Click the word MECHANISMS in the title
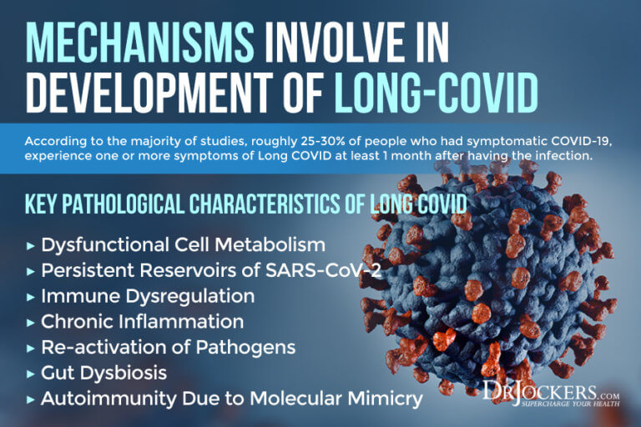click(x=140, y=43)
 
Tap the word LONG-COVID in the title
click(x=437, y=93)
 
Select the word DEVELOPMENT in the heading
click(x=149, y=93)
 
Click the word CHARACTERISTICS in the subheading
click(x=265, y=203)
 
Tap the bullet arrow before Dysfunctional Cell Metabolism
click(x=30, y=246)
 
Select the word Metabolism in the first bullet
click(x=270, y=244)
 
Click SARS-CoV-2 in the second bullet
click(x=323, y=270)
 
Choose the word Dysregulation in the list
click(x=189, y=297)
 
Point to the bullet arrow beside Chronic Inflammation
click(x=30, y=323)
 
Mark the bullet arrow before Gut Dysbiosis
click(x=30, y=374)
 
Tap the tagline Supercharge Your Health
click(x=570, y=404)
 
